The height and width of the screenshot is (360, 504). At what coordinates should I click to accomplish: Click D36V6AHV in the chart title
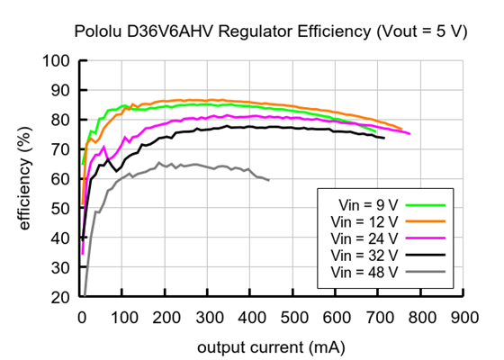163,31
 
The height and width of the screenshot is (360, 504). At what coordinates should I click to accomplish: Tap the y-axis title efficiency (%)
24,178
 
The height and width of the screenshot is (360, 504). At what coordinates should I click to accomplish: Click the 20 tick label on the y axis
61,297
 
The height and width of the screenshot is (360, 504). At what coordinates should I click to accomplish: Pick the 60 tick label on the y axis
61,179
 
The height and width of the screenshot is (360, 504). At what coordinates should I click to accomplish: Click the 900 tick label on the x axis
464,318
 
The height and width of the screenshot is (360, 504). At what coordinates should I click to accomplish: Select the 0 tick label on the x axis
81,318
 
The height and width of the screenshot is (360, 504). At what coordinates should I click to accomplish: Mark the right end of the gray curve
269,180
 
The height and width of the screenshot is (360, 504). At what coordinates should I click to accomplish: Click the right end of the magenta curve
409,133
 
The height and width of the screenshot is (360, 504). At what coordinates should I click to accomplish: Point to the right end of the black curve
384,138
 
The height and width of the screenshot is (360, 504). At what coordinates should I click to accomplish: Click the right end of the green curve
375,131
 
